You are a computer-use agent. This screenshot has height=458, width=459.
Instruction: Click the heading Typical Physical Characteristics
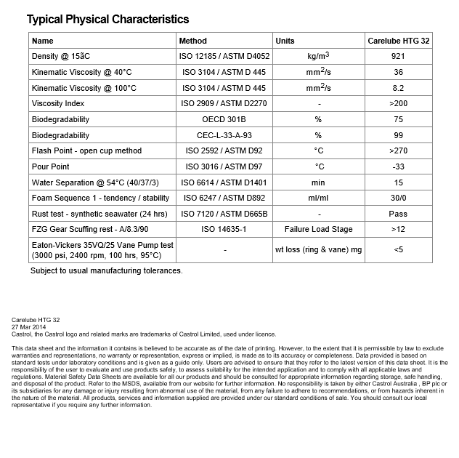pyautogui.click(x=107, y=20)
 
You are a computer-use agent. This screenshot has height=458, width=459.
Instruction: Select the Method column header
pyautogui.click(x=192, y=41)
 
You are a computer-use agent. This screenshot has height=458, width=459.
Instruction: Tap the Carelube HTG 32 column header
pyautogui.click(x=399, y=41)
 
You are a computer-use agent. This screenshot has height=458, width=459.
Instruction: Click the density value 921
pyautogui.click(x=399, y=57)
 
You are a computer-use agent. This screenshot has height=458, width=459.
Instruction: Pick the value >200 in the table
pyautogui.click(x=399, y=104)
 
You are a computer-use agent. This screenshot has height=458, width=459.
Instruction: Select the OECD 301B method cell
pyautogui.click(x=224, y=120)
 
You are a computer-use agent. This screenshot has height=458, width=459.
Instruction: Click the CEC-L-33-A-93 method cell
pyautogui.click(x=224, y=135)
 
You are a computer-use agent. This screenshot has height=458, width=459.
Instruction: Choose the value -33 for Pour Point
pyautogui.click(x=399, y=167)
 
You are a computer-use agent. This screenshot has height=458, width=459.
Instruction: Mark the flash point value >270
pyautogui.click(x=399, y=151)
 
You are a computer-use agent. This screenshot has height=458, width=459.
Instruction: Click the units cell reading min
pyautogui.click(x=318, y=182)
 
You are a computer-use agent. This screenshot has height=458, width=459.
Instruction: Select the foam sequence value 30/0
pyautogui.click(x=399, y=198)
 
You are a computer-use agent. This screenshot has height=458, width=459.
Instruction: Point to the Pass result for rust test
pyautogui.click(x=399, y=214)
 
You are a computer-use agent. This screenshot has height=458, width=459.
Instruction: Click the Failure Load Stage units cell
pyautogui.click(x=318, y=230)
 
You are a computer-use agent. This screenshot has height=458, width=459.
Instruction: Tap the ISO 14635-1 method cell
pyautogui.click(x=224, y=230)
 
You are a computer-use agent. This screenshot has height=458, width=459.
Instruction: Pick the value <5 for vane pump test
pyautogui.click(x=399, y=250)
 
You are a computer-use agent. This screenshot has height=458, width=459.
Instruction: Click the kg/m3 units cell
pyautogui.click(x=318, y=57)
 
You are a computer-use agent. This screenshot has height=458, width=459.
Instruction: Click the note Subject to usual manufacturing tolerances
pyautogui.click(x=106, y=271)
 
